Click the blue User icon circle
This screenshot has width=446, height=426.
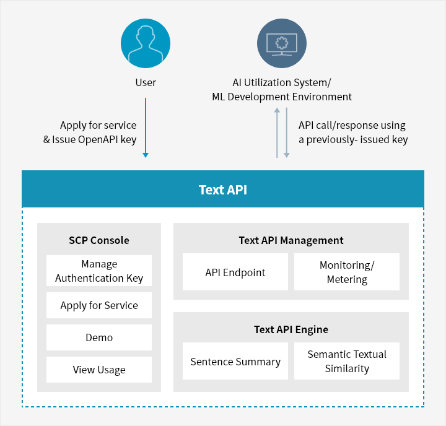(146, 43)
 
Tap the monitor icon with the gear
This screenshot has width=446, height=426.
(282, 43)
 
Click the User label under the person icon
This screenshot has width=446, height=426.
(146, 82)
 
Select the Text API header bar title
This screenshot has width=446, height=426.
(223, 189)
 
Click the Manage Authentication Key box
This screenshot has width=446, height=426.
(99, 271)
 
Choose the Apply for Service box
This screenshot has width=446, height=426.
(99, 305)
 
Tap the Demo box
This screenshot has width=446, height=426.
(99, 337)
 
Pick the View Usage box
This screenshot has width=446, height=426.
(99, 370)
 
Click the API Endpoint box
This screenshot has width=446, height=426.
(235, 272)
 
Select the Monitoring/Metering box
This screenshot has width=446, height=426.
(347, 272)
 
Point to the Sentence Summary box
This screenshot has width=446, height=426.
(235, 361)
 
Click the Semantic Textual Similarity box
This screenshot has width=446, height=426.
(347, 361)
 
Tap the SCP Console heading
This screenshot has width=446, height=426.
(99, 240)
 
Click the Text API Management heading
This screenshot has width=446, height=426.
(291, 241)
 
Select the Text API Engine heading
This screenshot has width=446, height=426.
(291, 329)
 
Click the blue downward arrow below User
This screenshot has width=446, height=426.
(146, 128)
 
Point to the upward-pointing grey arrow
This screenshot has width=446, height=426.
(277, 133)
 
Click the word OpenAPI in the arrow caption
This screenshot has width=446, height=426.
(98, 140)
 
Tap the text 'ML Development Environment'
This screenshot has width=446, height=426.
(282, 97)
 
